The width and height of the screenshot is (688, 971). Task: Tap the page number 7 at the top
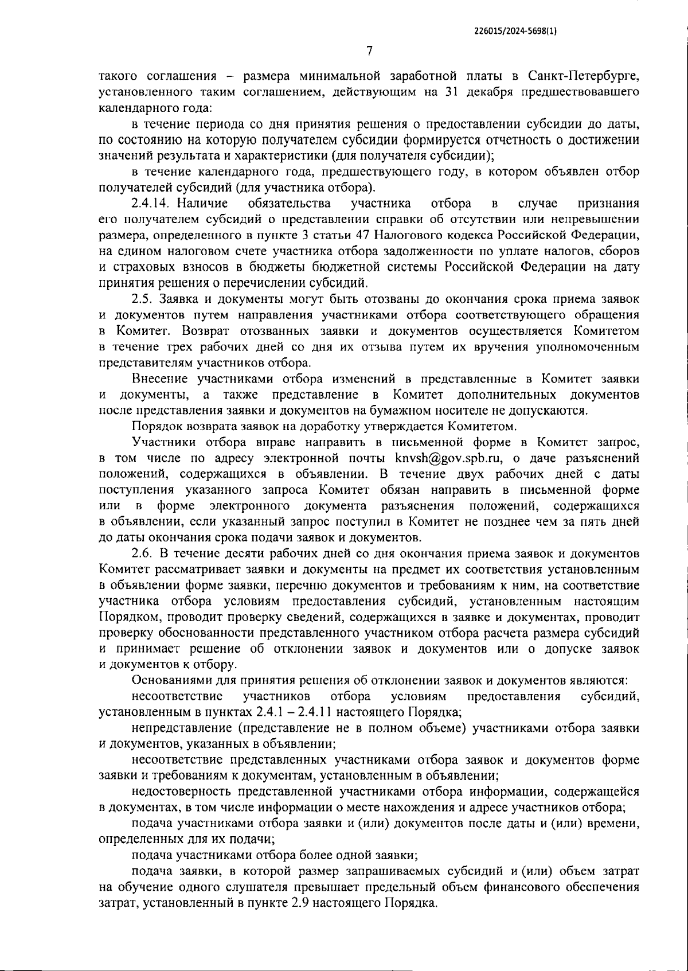[x=369, y=51]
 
